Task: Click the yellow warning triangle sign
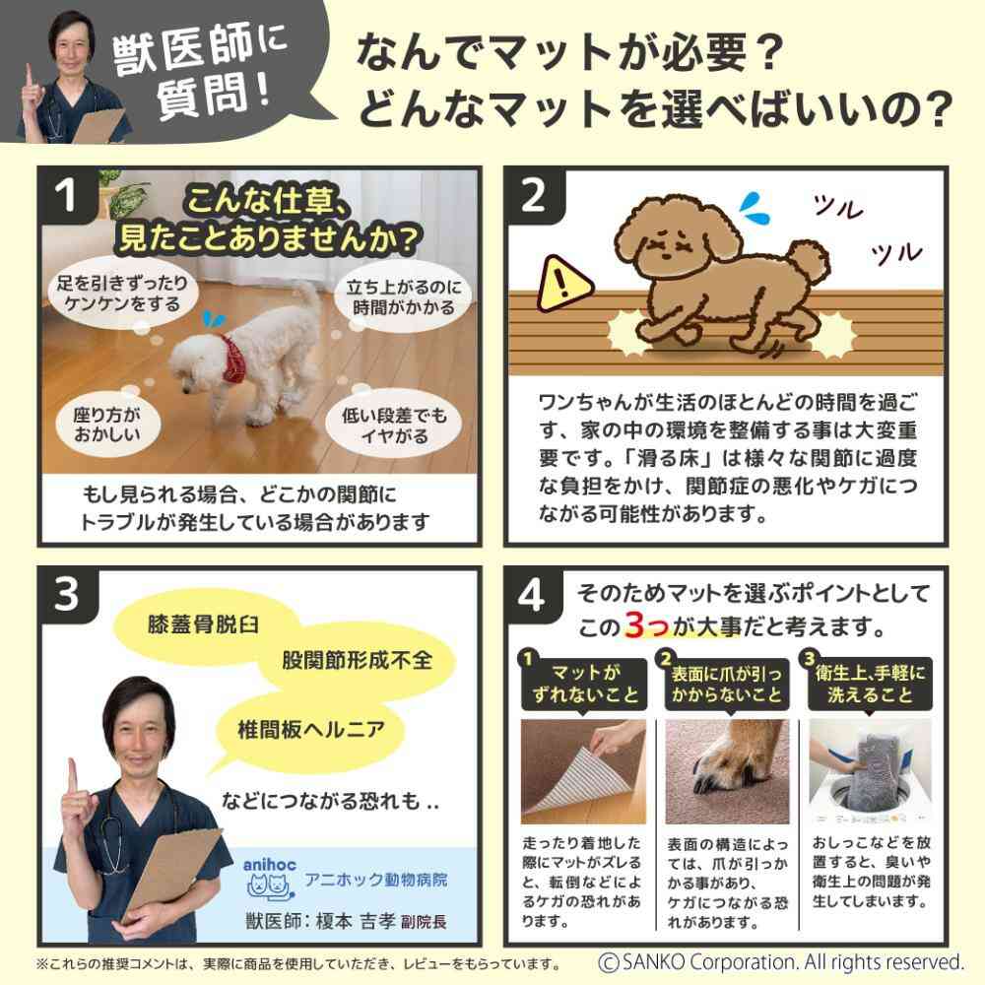click(563, 282)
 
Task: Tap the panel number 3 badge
click(67, 597)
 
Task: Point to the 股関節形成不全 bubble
click(357, 659)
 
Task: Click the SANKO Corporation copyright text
click(781, 961)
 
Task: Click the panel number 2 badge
click(533, 198)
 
